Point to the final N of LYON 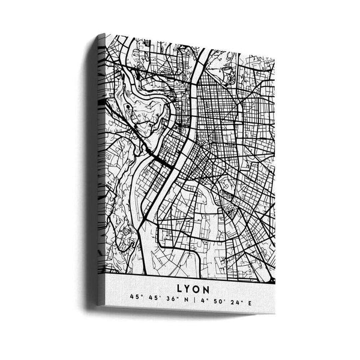206,290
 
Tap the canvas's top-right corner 274,57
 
